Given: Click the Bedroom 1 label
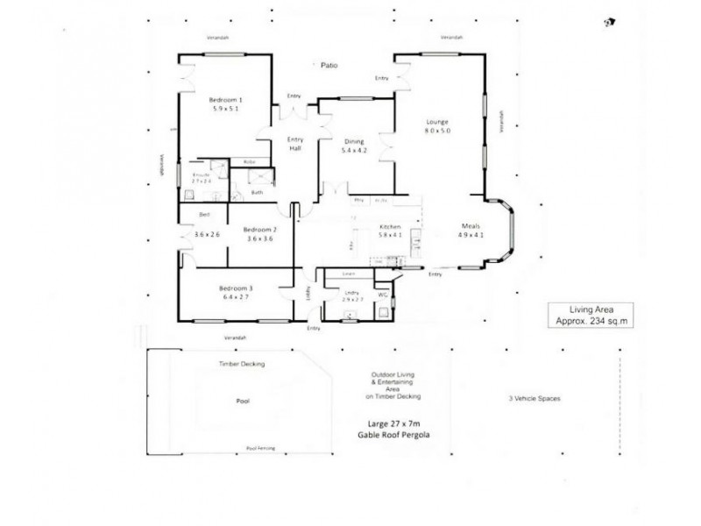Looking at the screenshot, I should pyautogui.click(x=225, y=99).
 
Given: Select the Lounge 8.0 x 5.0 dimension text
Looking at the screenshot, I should pyautogui.click(x=437, y=131).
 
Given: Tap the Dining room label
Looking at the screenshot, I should pyautogui.click(x=353, y=140).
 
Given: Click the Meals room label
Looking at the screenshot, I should pyautogui.click(x=471, y=225).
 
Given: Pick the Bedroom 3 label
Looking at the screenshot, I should pyautogui.click(x=236, y=288).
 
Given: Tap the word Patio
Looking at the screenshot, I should pyautogui.click(x=328, y=66).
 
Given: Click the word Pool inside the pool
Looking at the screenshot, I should pyautogui.click(x=243, y=402).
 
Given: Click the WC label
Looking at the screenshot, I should pyautogui.click(x=382, y=295).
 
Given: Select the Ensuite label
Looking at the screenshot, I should pyautogui.click(x=201, y=175).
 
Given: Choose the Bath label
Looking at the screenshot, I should pyautogui.click(x=257, y=192).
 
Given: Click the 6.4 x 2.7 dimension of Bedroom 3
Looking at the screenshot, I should pyautogui.click(x=236, y=296).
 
